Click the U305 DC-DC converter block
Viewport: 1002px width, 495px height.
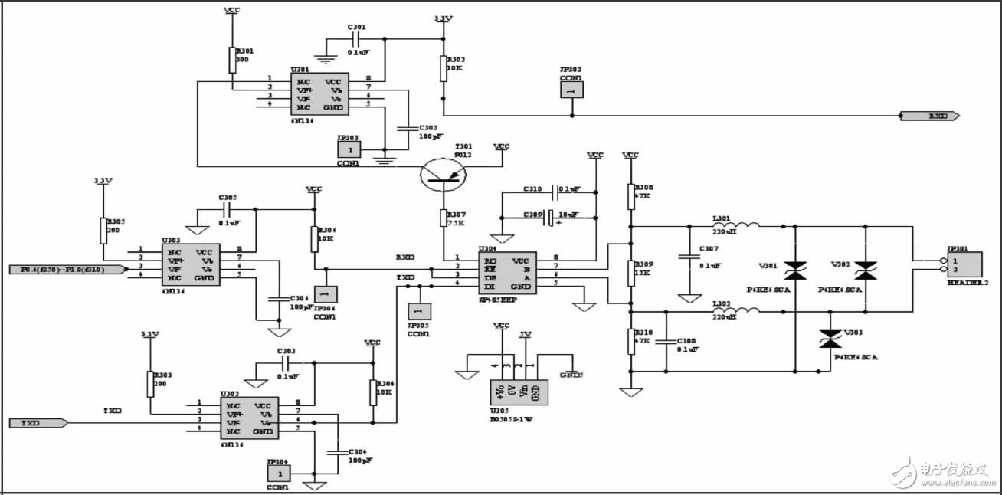519,390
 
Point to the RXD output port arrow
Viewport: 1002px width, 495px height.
930,116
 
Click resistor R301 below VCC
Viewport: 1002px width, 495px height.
232,60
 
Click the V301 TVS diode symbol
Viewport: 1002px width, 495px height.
795,269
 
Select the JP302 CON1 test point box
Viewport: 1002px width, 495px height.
571,89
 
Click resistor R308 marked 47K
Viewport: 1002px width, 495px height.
630,196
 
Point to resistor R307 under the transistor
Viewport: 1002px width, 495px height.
444,218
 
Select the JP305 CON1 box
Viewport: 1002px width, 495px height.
418,311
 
